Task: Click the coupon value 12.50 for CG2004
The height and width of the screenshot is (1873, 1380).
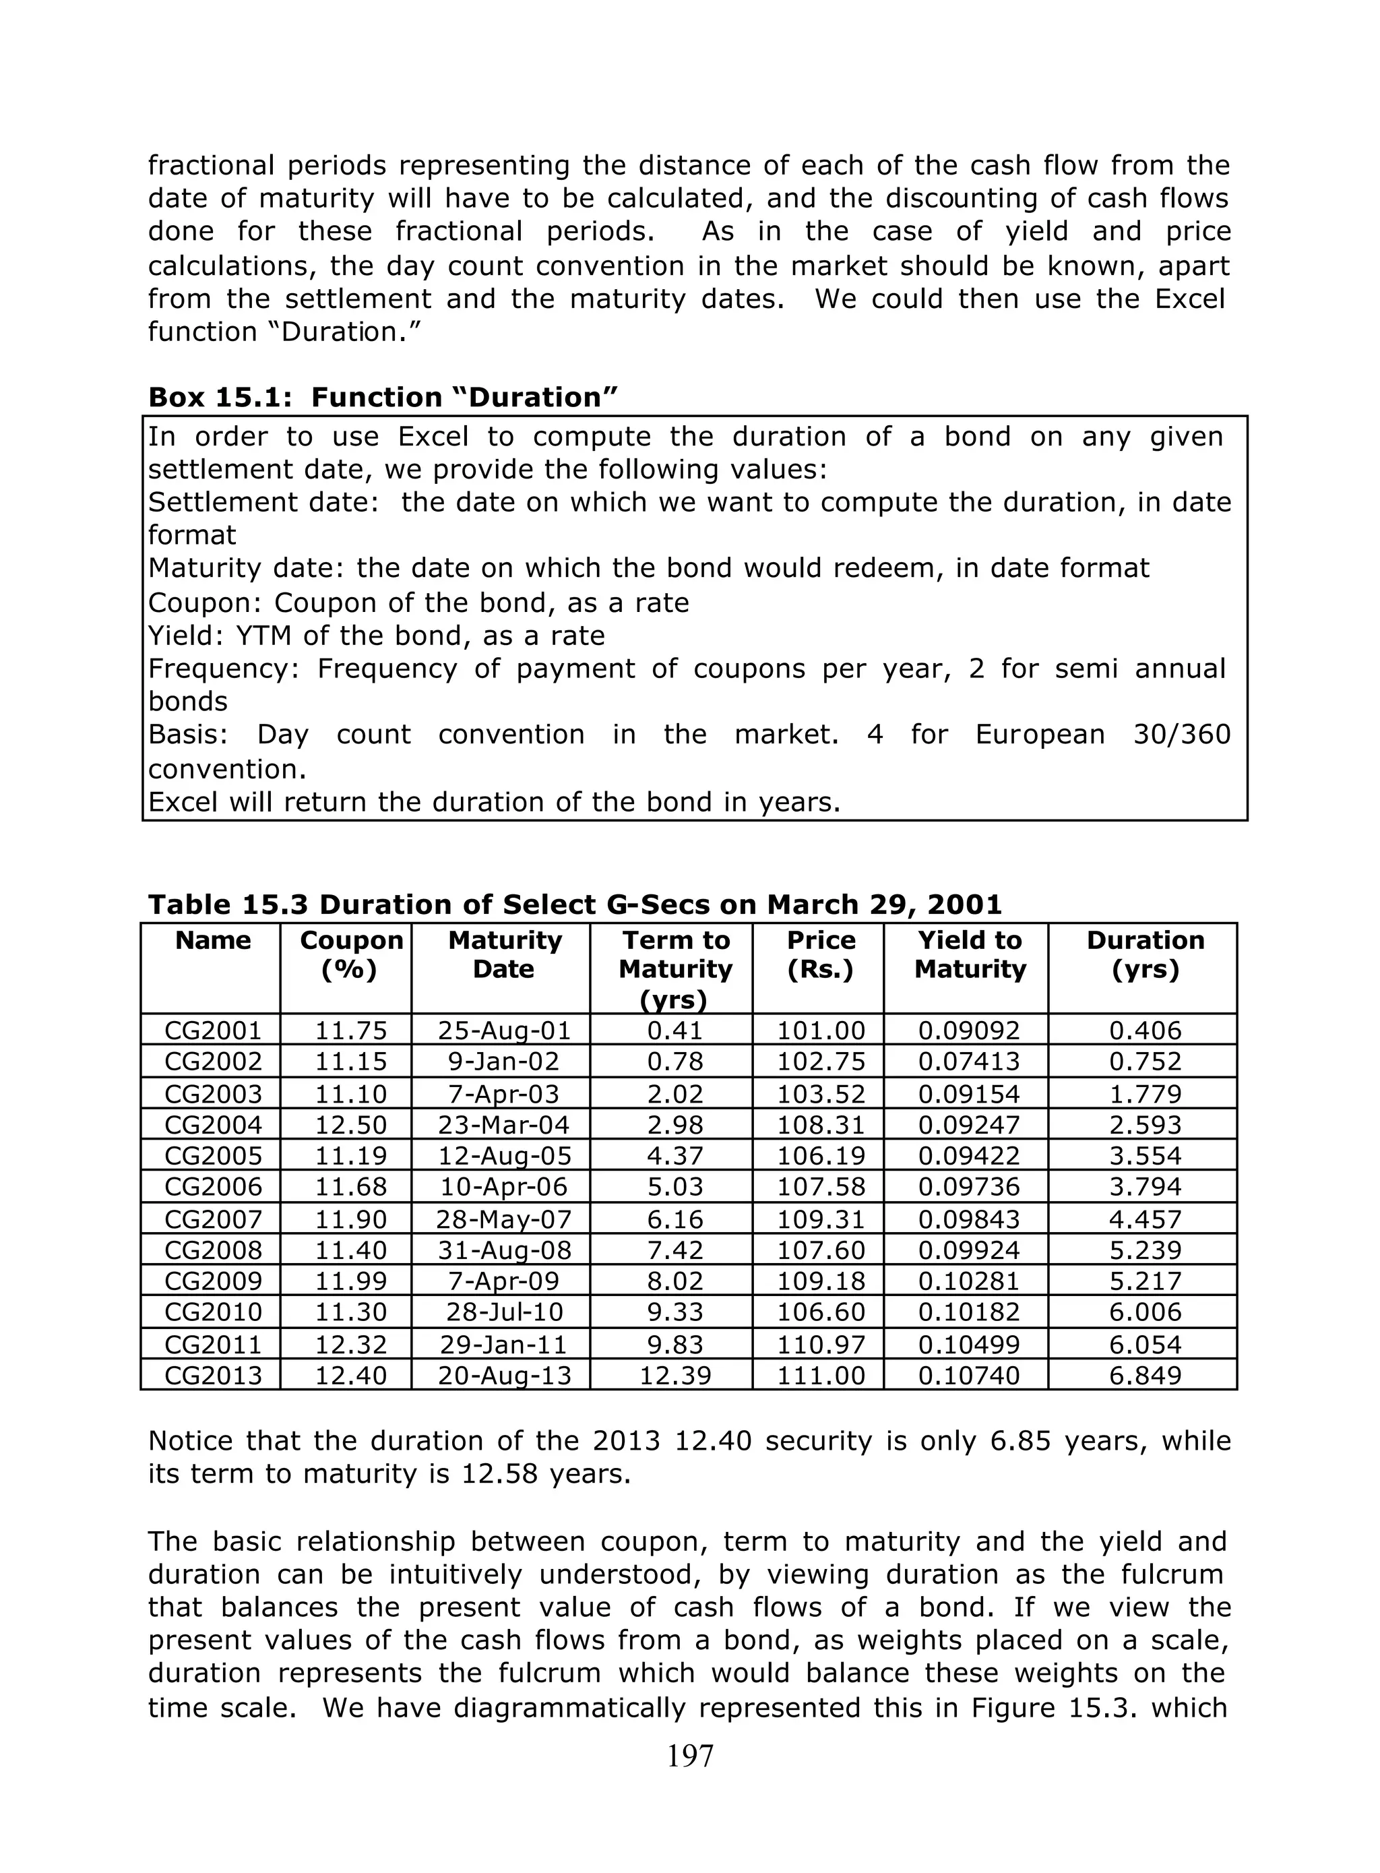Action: click(x=351, y=1124)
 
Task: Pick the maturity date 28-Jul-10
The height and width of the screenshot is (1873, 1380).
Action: click(x=505, y=1312)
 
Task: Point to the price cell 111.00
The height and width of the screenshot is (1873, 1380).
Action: click(x=820, y=1375)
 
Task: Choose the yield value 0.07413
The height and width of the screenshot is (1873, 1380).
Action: click(x=968, y=1061)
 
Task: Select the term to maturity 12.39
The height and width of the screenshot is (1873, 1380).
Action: click(x=675, y=1375)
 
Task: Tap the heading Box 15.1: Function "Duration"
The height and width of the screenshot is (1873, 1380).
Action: click(x=383, y=397)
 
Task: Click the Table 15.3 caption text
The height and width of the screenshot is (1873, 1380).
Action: click(x=575, y=904)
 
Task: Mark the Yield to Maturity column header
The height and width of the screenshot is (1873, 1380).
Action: click(x=969, y=955)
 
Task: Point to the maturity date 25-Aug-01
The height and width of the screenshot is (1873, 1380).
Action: click(x=505, y=1030)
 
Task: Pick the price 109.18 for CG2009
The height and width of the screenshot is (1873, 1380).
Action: click(x=820, y=1281)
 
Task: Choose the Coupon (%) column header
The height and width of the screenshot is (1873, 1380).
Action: click(x=351, y=955)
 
